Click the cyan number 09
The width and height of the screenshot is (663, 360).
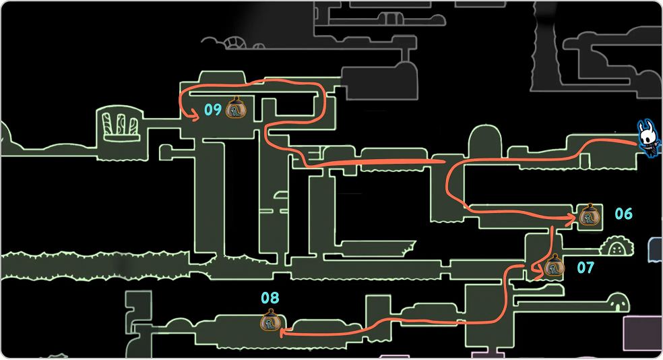(x=213, y=109)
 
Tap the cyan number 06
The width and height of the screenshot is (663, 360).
(x=623, y=214)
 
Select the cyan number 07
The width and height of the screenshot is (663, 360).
(x=586, y=268)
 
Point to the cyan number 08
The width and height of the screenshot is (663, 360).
(x=270, y=297)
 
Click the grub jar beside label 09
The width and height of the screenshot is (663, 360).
(x=236, y=108)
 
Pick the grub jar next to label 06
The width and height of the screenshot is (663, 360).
(x=589, y=214)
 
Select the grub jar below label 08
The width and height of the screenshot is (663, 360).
(x=270, y=321)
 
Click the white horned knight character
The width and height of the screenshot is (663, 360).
(x=649, y=139)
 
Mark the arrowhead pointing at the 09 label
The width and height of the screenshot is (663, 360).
(x=196, y=117)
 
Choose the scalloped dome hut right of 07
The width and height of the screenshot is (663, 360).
(x=615, y=247)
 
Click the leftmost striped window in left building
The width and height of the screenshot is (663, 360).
(x=108, y=123)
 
